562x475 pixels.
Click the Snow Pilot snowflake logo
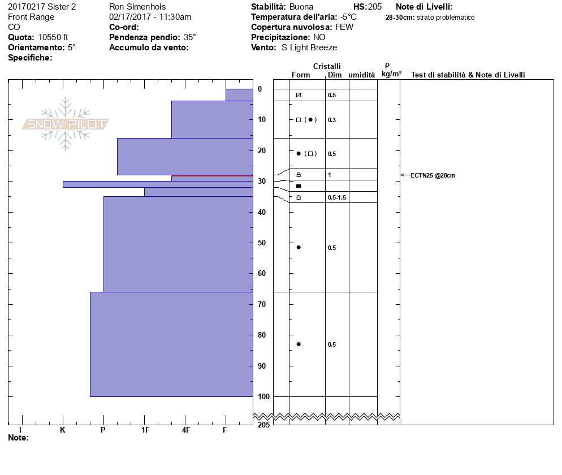pos(66,124)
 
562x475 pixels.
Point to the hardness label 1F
pos(145,430)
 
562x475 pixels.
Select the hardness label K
pos(63,430)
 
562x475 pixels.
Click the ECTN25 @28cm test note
pos(433,175)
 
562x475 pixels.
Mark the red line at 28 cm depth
pos(212,175)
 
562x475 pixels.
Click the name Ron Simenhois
pos(137,7)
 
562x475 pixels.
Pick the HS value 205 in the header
pos(374,7)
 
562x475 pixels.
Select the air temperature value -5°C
pos(348,17)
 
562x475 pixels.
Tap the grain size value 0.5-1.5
pos(336,197)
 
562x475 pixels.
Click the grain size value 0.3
pos(332,120)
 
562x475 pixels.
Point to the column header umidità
pos(361,75)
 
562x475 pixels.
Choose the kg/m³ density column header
pos(391,74)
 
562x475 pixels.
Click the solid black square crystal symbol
pos(299,186)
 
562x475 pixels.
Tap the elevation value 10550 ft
pos(53,37)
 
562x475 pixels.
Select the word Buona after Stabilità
pos(301,7)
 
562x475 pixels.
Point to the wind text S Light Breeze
pos(309,47)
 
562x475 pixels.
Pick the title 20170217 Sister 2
pos(42,7)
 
